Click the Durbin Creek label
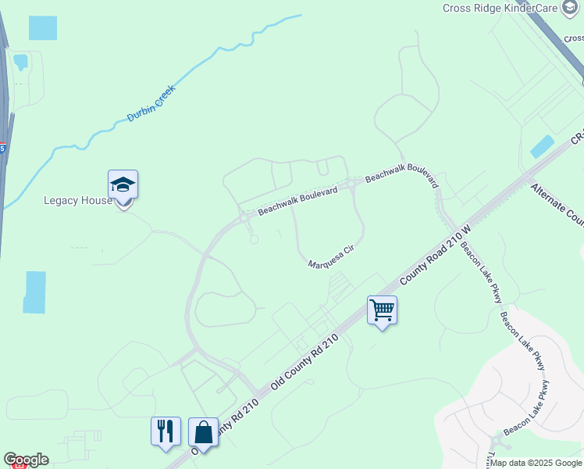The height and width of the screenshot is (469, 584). [151, 103]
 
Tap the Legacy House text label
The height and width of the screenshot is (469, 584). [78, 200]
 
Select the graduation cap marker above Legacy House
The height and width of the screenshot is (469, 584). [123, 185]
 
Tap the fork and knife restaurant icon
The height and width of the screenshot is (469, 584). [166, 431]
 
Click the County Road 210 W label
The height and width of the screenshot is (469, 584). [436, 256]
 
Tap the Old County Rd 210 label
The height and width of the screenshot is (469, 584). [308, 360]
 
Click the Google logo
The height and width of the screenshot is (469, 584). [26, 460]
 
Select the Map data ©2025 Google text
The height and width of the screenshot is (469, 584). [536, 463]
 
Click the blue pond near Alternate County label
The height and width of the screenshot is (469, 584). [542, 146]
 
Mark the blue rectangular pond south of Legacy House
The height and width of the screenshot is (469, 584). [34, 292]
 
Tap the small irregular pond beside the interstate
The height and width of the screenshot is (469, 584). [20, 60]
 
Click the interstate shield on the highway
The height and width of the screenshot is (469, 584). [2, 147]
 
